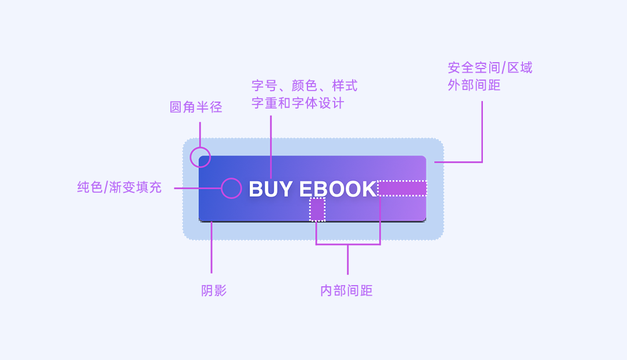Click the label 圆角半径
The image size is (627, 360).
point(196,107)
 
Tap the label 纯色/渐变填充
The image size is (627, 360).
point(119,188)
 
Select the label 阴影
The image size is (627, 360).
point(214,291)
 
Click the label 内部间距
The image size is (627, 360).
point(346,291)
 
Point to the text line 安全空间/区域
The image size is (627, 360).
point(490,68)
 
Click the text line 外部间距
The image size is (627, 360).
point(474,85)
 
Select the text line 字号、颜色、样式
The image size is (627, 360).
point(304,86)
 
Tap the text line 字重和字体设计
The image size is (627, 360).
point(298,103)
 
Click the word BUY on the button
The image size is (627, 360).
point(270,189)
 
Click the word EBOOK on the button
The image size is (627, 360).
point(338,189)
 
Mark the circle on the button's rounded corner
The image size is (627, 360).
point(200,157)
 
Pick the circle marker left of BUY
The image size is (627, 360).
point(231,188)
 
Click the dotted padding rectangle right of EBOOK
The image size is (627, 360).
point(402,188)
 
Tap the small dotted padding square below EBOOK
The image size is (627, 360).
point(317,209)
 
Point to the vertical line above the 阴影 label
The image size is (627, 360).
point(212,250)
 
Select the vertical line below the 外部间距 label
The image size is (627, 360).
point(482,131)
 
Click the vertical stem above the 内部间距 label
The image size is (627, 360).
point(347,260)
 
